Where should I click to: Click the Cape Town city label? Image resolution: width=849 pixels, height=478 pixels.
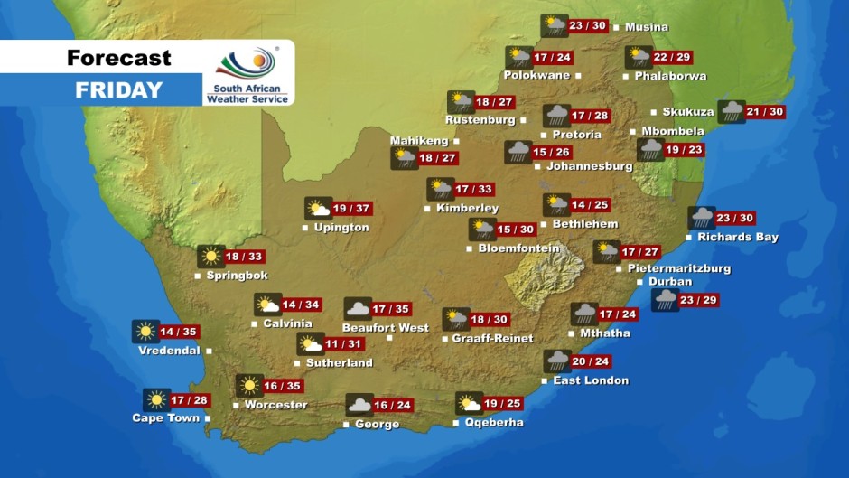pos(165,418)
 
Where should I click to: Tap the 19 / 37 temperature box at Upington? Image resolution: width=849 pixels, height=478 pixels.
pos(352,209)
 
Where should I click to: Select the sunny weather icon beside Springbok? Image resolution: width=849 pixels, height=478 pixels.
pos(211,257)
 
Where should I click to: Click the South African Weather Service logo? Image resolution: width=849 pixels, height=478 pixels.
pos(247,74)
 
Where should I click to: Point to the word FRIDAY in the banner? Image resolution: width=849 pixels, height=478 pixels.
pos(118,89)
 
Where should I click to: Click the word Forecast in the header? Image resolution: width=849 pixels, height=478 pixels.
pos(118,59)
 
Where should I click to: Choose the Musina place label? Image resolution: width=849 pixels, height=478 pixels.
pos(647,27)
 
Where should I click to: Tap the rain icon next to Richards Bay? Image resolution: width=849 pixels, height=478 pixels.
pos(702,218)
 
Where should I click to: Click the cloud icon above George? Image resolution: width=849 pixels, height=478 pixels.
pos(359,405)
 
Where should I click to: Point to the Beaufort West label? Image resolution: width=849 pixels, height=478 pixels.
pos(385,327)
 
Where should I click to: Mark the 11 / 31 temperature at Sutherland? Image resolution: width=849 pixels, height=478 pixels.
pos(345,344)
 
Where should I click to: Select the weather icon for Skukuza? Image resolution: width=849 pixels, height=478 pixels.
pos(731,112)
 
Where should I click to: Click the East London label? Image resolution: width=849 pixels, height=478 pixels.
pos(591,380)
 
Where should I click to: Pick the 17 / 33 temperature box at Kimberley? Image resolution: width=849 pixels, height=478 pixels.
pos(474,189)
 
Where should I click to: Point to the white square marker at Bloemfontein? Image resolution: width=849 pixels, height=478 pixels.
pos(470,248)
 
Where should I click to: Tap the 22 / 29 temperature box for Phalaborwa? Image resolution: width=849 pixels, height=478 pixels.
pos(673,58)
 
